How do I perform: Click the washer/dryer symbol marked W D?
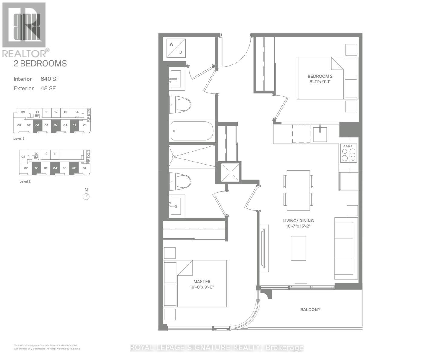[176, 48]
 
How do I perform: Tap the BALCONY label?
[310, 309]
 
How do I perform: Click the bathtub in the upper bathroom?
[192, 131]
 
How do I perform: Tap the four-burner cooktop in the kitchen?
[348, 153]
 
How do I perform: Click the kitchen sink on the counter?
[320, 134]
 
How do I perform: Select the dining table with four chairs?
[298, 190]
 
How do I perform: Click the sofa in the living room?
[344, 248]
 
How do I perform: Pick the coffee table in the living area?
[298, 248]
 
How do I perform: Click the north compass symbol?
[86, 196]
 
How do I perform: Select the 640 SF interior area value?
[50, 79]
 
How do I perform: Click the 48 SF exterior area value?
[48, 88]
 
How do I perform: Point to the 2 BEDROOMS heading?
[40, 64]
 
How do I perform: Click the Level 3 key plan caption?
[19, 139]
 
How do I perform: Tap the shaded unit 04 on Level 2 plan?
[55, 168]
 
